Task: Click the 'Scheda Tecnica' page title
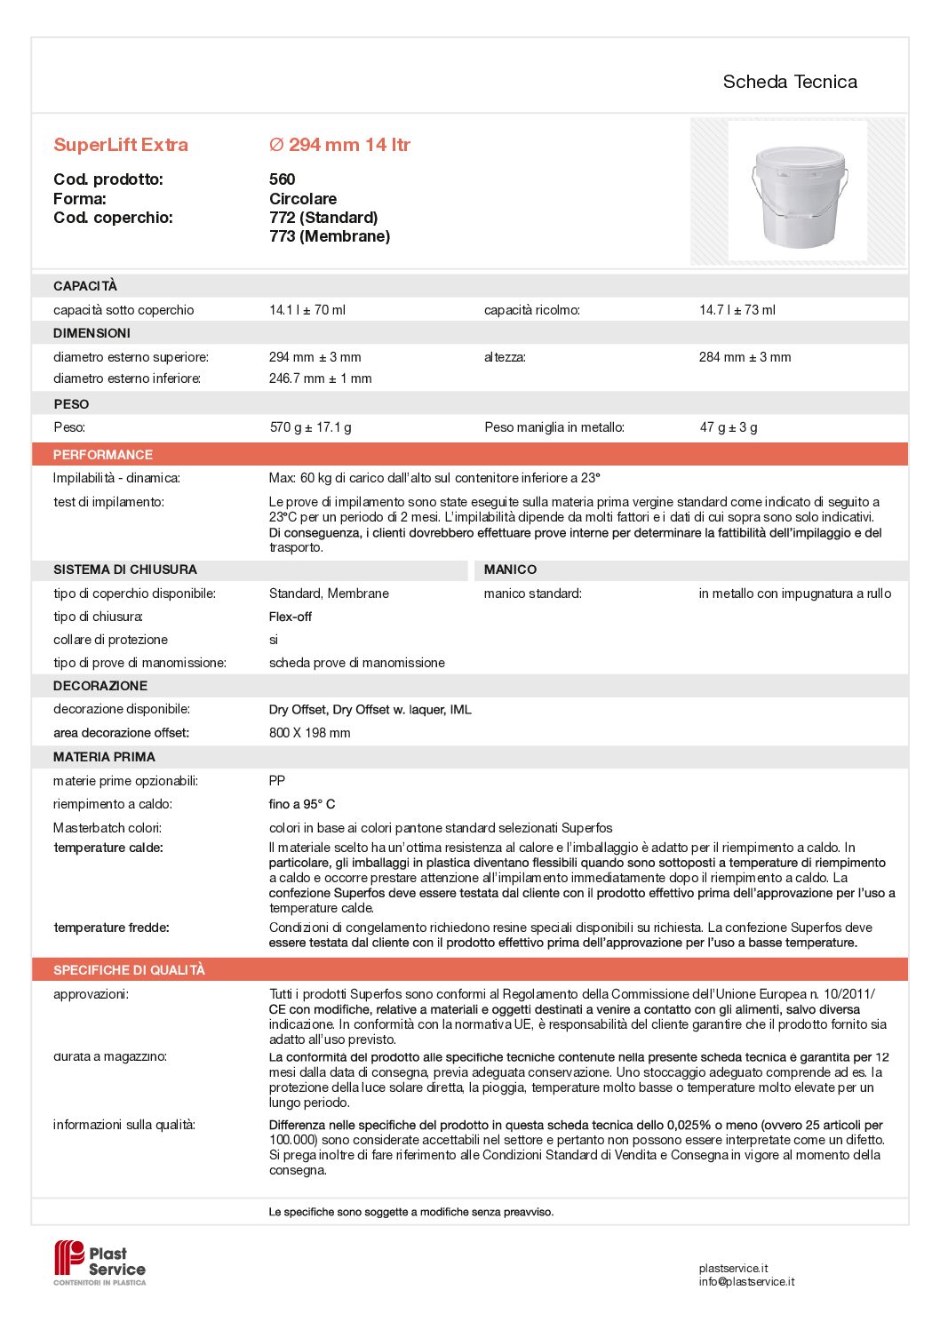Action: [789, 82]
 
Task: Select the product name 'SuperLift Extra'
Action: [121, 145]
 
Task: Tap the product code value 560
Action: [282, 179]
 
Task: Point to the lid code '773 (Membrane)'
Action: [330, 236]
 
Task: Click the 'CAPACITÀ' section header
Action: [85, 286]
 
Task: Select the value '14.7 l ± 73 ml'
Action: [737, 310]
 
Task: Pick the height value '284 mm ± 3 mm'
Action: [745, 357]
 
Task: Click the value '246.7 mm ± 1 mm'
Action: [320, 378]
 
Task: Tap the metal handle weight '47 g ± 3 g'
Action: [729, 427]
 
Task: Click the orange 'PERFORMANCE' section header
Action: [103, 455]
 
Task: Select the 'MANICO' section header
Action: [510, 569]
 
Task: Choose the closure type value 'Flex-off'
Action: [291, 617]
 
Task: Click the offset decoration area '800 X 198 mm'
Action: [309, 733]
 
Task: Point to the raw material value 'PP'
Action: [277, 781]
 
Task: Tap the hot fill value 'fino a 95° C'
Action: [302, 804]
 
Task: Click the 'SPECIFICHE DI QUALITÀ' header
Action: [129, 970]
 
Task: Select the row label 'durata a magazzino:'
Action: [110, 1056]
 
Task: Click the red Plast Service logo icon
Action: [68, 1258]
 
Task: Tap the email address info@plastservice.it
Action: [746, 1282]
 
